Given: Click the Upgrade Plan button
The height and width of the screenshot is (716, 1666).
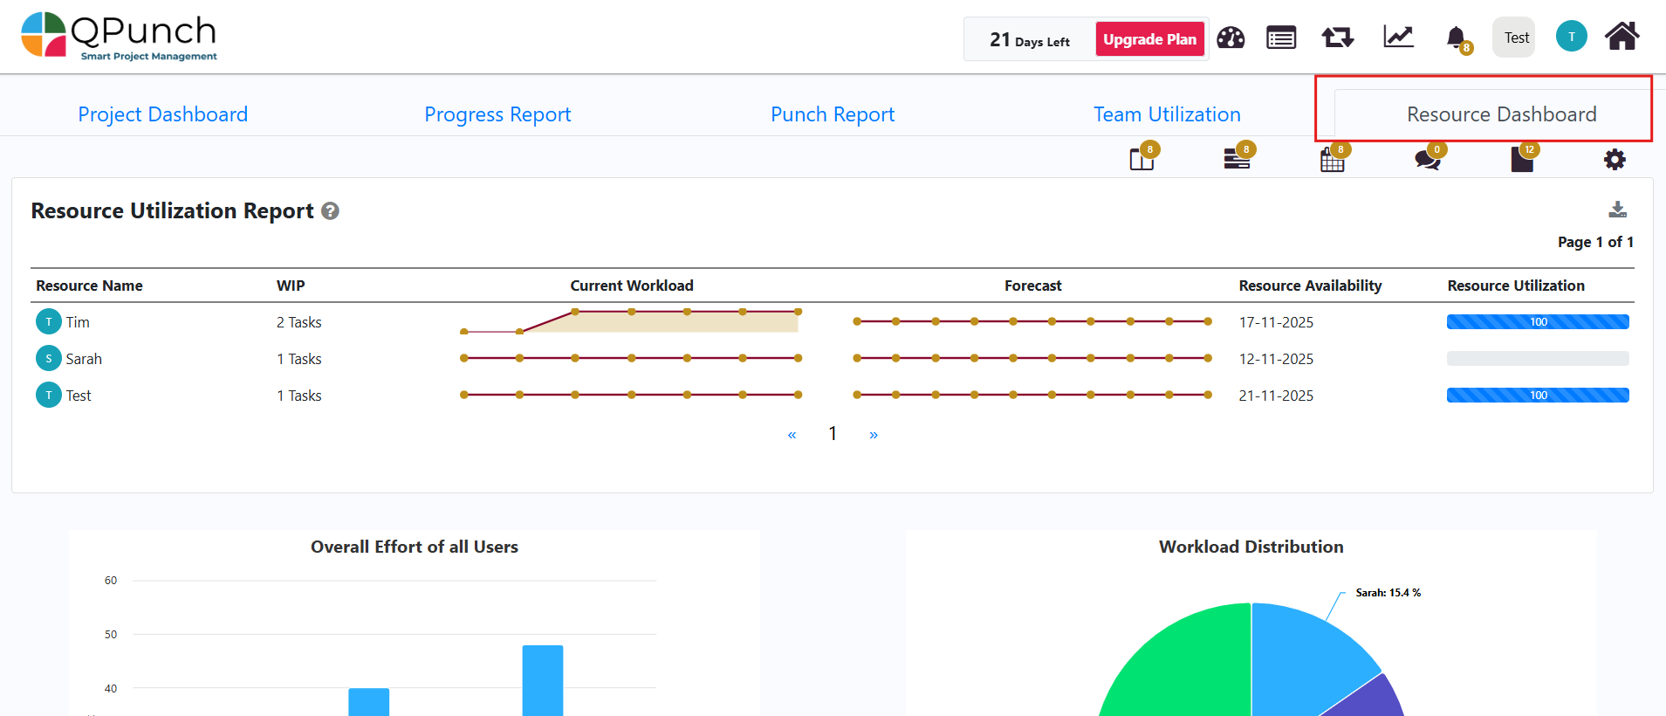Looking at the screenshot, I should coord(1149,39).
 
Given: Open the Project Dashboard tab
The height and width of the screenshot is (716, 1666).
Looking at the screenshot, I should coord(163,114).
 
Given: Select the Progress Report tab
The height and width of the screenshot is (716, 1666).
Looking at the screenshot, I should coord(497,114).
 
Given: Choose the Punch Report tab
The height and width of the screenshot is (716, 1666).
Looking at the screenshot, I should coord(833,114).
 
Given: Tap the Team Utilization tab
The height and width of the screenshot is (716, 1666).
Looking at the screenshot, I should coord(1167,114).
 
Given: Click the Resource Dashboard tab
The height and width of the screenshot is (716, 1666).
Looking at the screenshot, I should coord(1501,114).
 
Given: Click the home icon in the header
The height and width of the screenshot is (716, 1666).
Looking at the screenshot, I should coord(1621,37).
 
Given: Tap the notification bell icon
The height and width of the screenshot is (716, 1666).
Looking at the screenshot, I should coord(1456,38).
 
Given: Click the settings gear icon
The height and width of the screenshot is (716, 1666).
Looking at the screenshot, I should coord(1615,160).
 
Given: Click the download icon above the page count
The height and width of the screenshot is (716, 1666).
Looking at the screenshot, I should coord(1617,210).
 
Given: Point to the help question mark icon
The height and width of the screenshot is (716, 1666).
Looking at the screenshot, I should coord(330,211).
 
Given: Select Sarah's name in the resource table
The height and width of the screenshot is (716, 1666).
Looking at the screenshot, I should coord(84,359).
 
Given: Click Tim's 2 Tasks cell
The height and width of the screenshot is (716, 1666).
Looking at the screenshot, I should coord(299,322).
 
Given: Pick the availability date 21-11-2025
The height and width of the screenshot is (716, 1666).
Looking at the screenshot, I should coord(1276,396).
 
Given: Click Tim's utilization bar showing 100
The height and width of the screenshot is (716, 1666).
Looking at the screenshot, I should coord(1537,322).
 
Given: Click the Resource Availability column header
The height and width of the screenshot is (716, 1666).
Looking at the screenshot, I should coord(1310,286).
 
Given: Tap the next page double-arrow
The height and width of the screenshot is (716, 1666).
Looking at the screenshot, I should coord(874,435).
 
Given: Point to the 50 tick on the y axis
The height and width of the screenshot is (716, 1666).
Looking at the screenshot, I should coord(111,635).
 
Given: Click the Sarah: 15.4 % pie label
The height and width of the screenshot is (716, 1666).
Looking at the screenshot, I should coord(1388,593).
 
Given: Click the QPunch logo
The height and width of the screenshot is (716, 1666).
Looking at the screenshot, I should coord(119,37).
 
